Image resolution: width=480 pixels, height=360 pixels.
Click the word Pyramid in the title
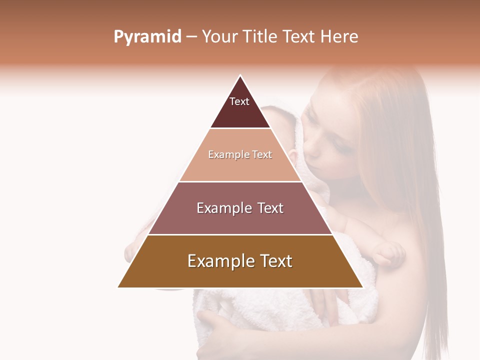[x=147, y=37]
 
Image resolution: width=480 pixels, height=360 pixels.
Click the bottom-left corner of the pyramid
[x=118, y=287]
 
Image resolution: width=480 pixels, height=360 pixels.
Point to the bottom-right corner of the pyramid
[x=362, y=287]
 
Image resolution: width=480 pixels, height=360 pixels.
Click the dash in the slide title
[x=191, y=37]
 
